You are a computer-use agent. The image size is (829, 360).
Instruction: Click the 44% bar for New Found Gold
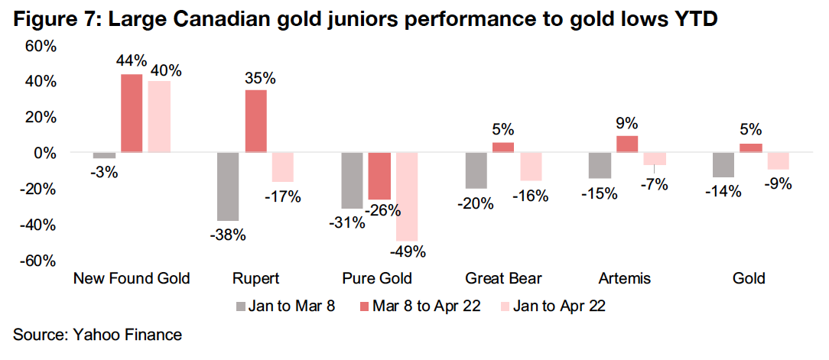pos(132,113)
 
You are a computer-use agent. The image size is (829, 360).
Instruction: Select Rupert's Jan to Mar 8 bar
pos(228,186)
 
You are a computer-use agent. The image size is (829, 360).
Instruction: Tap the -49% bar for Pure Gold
pos(407,196)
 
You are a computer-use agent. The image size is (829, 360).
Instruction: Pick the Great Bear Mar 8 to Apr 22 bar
pos(502,148)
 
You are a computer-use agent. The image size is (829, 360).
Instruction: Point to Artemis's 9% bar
pos(626,144)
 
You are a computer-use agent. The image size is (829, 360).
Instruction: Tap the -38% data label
pos(229,235)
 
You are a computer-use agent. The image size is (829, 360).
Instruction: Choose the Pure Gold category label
pos(377,278)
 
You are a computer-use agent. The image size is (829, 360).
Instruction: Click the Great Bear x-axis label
pos(502,278)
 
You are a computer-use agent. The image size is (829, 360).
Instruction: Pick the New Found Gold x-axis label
pos(132,278)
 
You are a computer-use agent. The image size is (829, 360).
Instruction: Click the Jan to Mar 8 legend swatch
pos(241,306)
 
